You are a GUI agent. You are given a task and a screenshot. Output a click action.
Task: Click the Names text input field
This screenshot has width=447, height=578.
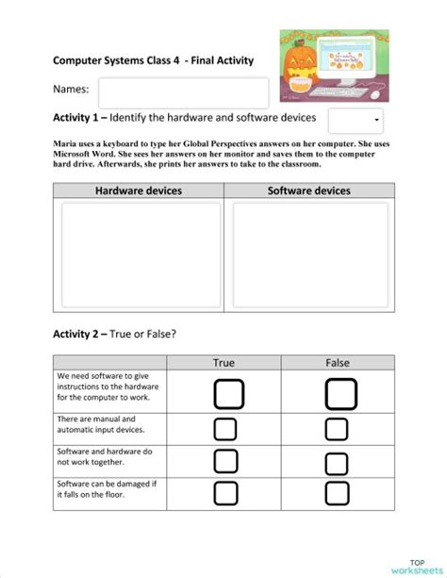[183, 92]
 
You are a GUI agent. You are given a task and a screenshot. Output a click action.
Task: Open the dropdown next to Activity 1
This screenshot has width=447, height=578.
[356, 121]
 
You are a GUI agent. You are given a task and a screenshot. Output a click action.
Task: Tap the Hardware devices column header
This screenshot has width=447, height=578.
[138, 190]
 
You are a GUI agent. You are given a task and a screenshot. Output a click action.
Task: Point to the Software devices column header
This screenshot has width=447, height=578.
[309, 190]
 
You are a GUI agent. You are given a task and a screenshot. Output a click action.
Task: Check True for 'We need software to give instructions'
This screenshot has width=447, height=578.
[228, 393]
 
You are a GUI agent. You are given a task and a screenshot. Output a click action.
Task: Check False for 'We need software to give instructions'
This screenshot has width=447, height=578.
[340, 393]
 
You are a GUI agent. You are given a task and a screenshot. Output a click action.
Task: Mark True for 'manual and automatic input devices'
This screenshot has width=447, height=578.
[224, 429]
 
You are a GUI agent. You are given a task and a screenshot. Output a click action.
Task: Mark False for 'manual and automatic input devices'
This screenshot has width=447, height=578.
[337, 429]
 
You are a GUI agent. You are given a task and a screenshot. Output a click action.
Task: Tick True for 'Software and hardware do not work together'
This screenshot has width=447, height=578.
[224, 461]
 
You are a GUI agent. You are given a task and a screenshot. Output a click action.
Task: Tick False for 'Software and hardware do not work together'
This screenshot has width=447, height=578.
[337, 463]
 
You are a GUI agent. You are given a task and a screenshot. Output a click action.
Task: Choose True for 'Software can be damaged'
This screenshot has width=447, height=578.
[224, 493]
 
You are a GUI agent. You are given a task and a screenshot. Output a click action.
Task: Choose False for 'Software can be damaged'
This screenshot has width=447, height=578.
[337, 493]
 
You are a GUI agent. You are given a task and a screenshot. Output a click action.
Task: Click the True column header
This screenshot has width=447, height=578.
[224, 362]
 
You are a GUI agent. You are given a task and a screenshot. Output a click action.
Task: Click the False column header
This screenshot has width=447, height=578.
[337, 362]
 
